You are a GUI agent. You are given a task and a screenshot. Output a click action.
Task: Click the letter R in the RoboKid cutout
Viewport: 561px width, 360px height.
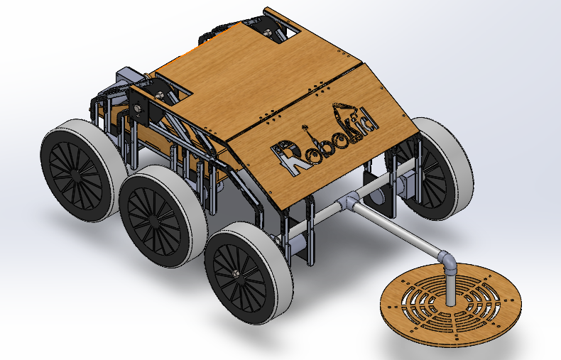pyautogui.click(x=285, y=155)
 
